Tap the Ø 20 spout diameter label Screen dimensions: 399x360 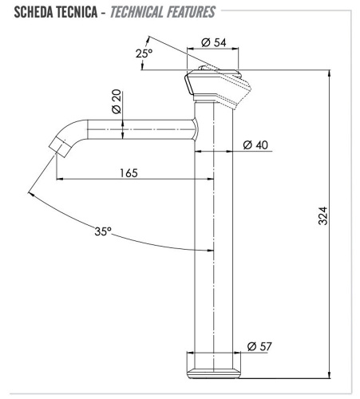117,101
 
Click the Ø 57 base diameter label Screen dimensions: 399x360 262,346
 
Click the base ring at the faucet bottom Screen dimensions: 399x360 214,368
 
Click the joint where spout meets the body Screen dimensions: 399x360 195,130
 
